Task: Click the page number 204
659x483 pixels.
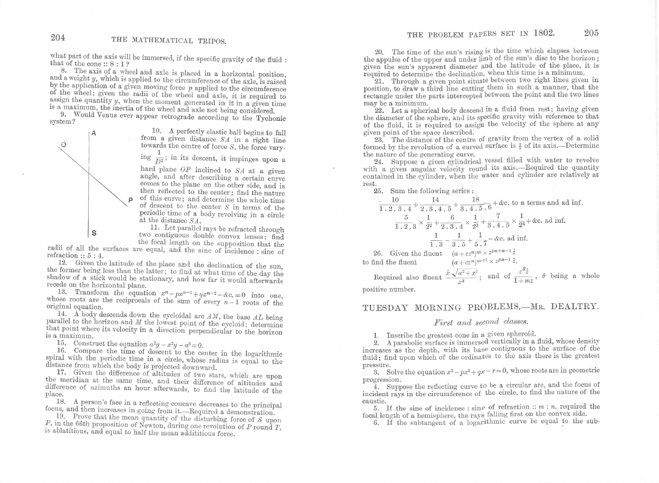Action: pos(58,37)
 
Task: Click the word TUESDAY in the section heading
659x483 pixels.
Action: pos(387,308)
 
